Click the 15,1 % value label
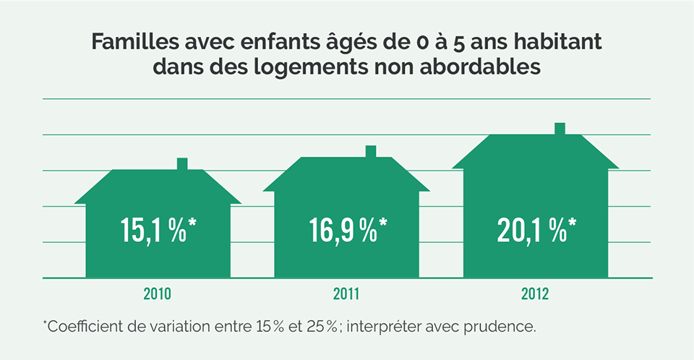158,229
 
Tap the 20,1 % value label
536,229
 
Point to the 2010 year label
158,294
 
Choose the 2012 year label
536,294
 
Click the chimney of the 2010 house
182,164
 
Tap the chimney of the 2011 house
371,151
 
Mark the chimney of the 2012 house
560,129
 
